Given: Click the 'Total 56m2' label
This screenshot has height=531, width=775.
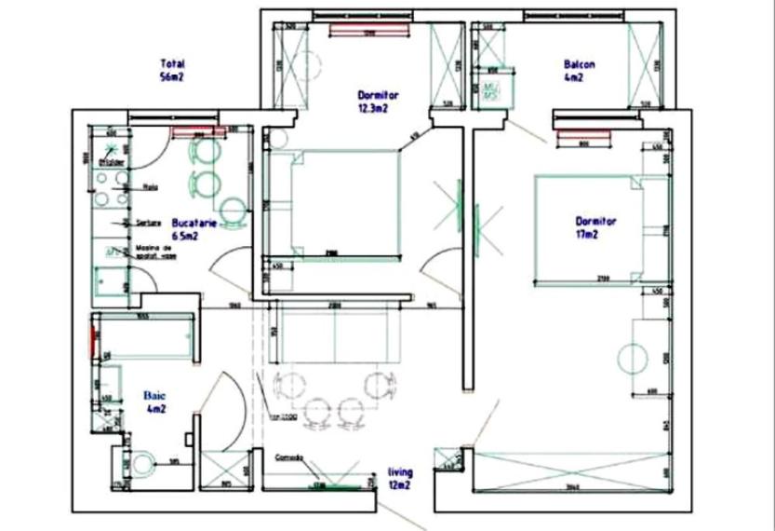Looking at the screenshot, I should click(x=172, y=71).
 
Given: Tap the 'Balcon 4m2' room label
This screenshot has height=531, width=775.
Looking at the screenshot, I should click(x=575, y=72).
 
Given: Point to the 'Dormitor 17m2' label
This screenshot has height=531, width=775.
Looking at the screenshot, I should click(x=596, y=228).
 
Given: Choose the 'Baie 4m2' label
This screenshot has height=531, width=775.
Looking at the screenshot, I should click(x=154, y=402).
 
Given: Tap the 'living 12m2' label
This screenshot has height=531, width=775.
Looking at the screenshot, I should click(x=400, y=478).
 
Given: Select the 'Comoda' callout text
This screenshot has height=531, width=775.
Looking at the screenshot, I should click(x=289, y=457).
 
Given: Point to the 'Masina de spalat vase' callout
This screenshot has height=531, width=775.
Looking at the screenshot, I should click(x=153, y=252).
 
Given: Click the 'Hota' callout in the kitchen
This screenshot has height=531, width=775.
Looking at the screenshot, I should click(x=150, y=186).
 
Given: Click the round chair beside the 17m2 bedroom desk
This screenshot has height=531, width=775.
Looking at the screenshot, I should click(x=632, y=358).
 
